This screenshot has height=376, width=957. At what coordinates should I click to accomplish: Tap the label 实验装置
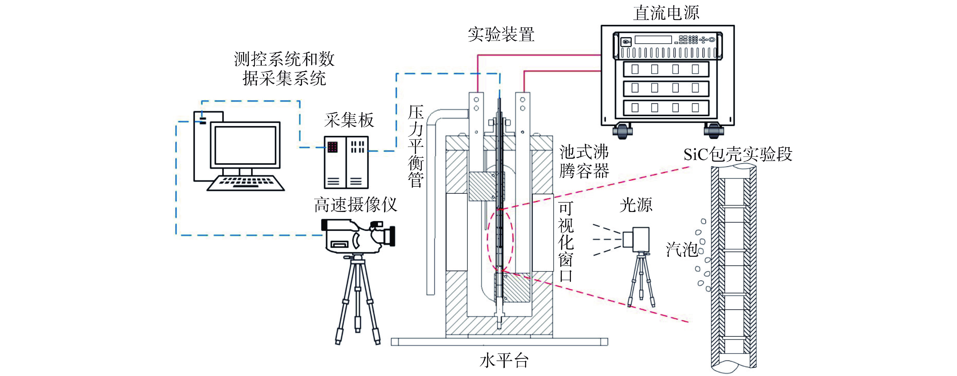[x=501, y=34]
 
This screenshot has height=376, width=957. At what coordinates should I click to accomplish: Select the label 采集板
[x=348, y=120]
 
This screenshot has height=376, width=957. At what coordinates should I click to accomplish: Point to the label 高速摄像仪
[x=355, y=205]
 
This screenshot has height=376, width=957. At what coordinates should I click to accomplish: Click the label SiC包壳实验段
[x=738, y=154]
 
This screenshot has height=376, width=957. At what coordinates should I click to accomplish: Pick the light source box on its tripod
[x=636, y=238]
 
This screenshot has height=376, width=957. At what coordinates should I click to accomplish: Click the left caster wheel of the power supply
[x=622, y=131]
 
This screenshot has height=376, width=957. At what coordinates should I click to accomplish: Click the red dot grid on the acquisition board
[x=332, y=147]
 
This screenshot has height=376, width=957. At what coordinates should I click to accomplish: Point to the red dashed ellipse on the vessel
[x=500, y=240]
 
